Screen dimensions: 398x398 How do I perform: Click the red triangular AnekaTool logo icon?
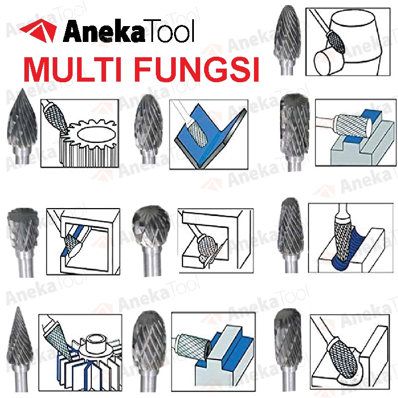tap(39, 30)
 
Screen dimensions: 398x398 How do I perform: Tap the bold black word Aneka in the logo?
tap(104, 31)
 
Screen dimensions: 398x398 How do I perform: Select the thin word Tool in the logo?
tap(170, 31)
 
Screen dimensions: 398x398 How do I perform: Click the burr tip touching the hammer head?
tap(336, 41)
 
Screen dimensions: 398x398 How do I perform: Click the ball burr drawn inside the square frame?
tap(207, 245)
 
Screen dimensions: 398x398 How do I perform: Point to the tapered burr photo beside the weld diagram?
tap(290, 235)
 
